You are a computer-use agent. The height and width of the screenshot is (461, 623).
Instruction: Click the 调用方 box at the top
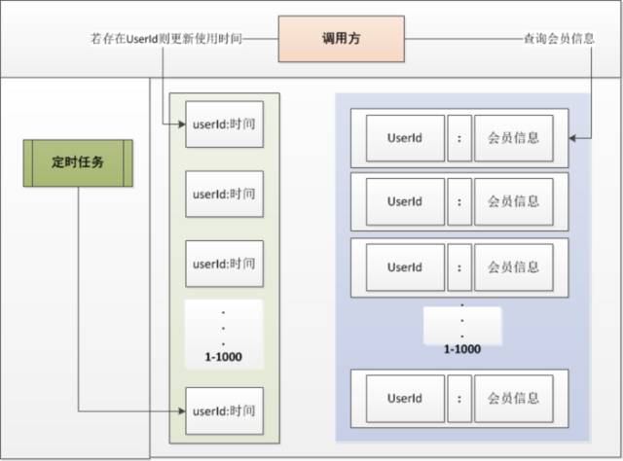tap(342, 40)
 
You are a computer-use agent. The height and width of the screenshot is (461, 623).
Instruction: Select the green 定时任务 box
tap(78, 163)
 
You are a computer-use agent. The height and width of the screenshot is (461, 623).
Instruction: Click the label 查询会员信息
tap(556, 40)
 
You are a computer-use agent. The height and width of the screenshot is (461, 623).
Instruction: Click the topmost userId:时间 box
tap(224, 124)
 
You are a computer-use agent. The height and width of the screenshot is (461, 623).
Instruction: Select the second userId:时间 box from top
tap(224, 194)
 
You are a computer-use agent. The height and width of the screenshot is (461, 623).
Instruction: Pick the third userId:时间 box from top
tap(224, 263)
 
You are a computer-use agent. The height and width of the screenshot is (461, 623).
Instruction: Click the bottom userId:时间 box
tap(224, 411)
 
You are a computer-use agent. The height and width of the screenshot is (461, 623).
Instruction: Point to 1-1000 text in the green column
tap(223, 357)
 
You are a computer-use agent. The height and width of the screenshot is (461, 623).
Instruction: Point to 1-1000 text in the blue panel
tap(462, 348)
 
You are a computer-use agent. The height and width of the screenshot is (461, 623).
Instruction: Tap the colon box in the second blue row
tap(458, 201)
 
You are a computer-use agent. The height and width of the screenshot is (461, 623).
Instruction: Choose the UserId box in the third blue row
tap(404, 266)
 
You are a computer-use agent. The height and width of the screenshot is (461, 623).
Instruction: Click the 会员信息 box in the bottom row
tap(513, 398)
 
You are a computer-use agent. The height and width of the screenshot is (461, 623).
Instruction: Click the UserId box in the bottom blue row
tap(404, 398)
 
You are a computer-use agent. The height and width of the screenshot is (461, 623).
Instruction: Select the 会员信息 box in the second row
tap(513, 201)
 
